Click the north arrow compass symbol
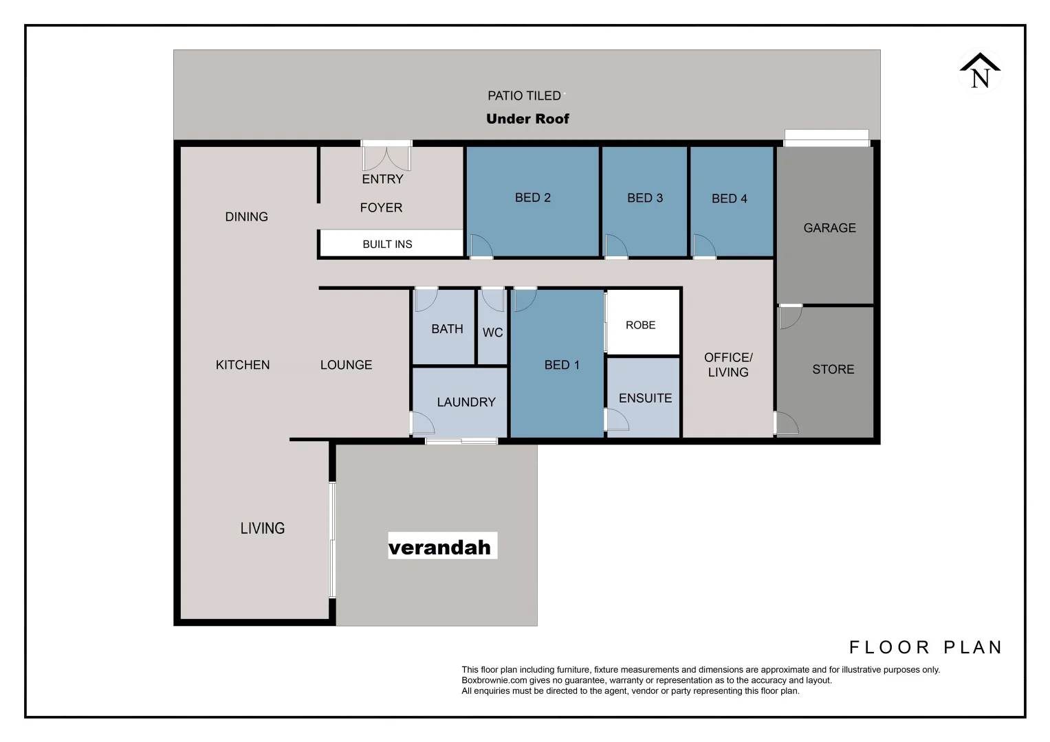pos(980,71)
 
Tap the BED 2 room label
pos(532,198)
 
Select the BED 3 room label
pos(644,198)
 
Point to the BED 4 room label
pos(729,199)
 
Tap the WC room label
pos(492,333)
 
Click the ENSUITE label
pos(645,398)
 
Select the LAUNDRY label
pos(466,402)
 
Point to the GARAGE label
pos(829,228)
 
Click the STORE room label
pos(833,370)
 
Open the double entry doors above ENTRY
pos(386,157)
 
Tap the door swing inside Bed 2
pos(480,246)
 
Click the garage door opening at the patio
pos(827,138)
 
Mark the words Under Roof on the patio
pos(527,119)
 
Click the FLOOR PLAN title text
pos(926,647)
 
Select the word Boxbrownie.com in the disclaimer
pos(494,680)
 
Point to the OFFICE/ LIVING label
pos(728,365)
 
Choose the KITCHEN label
pos(243,365)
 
